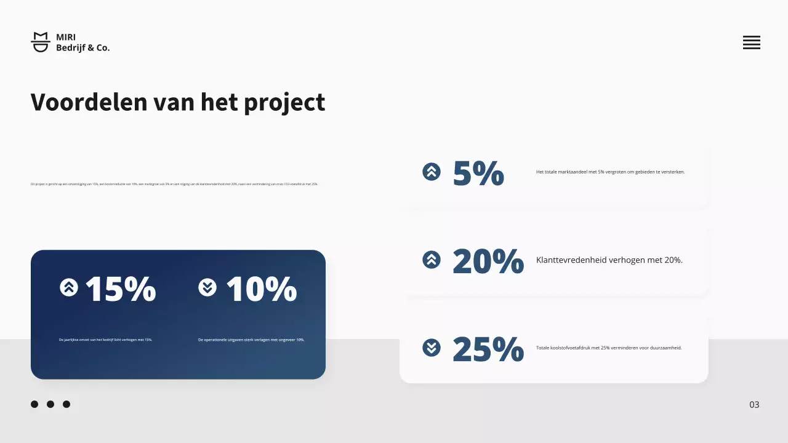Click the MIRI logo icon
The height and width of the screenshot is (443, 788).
(41, 42)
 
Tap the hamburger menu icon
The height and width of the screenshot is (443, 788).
(751, 42)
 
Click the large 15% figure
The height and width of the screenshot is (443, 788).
(121, 289)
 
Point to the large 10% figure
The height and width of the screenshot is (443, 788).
(261, 289)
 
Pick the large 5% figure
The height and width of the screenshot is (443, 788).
(478, 173)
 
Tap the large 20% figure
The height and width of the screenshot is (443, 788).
(488, 261)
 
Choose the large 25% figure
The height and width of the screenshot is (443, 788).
(488, 349)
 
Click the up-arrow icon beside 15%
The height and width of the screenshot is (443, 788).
(69, 287)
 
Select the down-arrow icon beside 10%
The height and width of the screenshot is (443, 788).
(207, 287)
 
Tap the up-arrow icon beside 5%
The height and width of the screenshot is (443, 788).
(432, 172)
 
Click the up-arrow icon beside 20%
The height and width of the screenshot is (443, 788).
(432, 260)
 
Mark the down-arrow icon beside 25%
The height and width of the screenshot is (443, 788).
(432, 348)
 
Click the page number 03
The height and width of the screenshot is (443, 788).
(754, 404)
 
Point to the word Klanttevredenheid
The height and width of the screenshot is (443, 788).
(571, 260)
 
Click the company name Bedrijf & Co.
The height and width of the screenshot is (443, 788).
(82, 47)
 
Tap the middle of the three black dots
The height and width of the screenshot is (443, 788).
(50, 404)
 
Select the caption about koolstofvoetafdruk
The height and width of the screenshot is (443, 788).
(609, 348)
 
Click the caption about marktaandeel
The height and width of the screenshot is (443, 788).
(610, 172)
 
